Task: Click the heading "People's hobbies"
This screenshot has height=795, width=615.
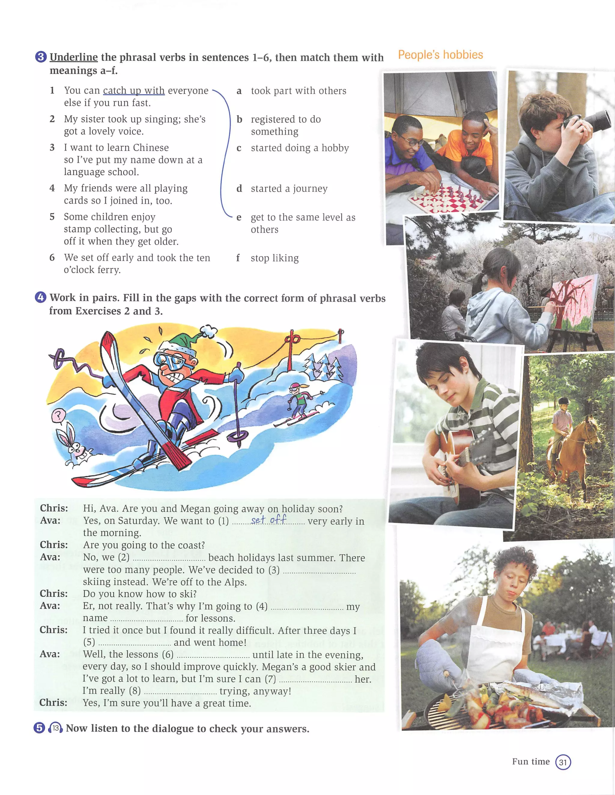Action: pos(440,55)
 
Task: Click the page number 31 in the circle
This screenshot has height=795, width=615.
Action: pos(563,762)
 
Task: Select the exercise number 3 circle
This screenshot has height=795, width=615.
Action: pos(41,57)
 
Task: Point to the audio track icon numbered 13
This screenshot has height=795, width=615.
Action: pos(55,728)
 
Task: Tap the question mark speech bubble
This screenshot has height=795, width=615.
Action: pos(58,415)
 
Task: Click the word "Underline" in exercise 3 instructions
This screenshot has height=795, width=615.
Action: pos(74,57)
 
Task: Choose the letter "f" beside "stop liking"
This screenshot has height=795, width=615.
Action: pos(238,258)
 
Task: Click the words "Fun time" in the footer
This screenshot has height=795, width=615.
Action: pos(531,762)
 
